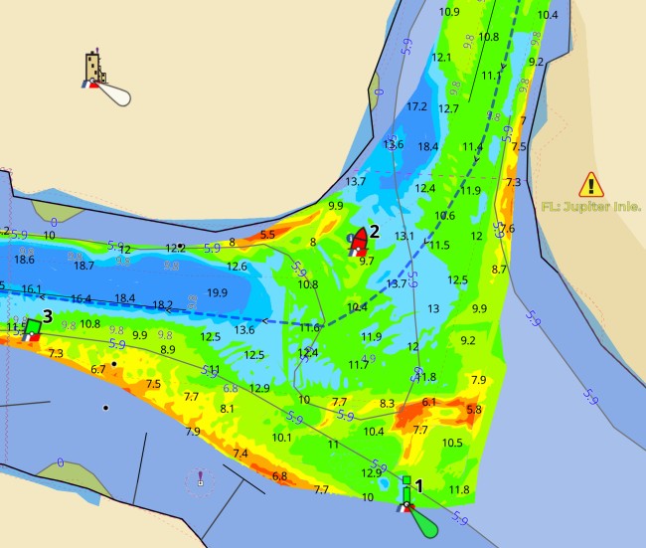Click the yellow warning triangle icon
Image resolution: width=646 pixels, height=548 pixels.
click(591, 184)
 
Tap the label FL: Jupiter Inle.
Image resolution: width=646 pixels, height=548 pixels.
click(591, 207)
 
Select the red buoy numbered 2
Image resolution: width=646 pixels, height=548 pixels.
click(358, 241)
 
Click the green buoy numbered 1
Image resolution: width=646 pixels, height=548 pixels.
click(406, 495)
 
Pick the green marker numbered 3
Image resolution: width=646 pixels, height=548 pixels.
click(32, 327)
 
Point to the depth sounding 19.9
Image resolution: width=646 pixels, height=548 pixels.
click(218, 292)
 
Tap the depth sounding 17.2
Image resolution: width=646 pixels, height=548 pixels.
click(416, 106)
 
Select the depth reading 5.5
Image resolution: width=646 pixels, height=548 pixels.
click(267, 235)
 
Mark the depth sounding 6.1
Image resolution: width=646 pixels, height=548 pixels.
click(429, 402)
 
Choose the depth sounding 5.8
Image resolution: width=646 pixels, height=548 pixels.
click(474, 409)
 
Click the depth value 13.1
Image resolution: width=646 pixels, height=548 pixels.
click(404, 237)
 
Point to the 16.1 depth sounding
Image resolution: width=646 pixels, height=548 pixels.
click(31, 289)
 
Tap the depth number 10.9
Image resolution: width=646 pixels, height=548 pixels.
click(449, 12)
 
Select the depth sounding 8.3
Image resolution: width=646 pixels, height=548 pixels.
click(388, 404)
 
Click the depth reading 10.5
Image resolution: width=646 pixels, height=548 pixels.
click(452, 443)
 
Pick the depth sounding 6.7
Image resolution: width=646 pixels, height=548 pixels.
click(97, 369)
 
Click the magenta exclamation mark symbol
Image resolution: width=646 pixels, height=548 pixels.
click(200, 478)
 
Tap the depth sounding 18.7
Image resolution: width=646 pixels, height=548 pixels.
click(84, 266)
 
